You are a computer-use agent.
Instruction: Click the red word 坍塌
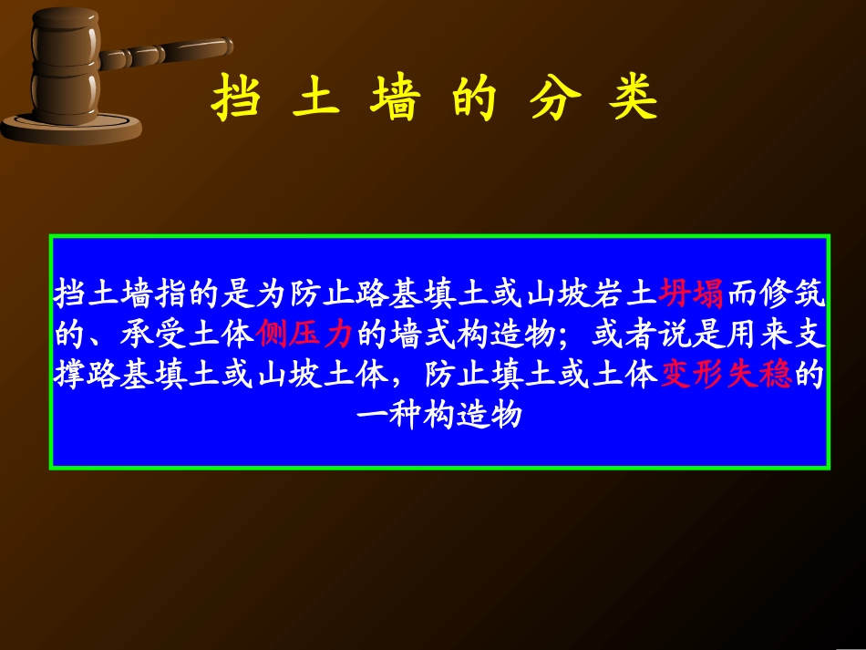(x=691, y=294)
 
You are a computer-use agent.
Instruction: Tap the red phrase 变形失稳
(x=726, y=375)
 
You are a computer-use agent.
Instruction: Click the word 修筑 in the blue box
(x=792, y=294)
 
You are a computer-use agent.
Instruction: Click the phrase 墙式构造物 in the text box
(x=472, y=335)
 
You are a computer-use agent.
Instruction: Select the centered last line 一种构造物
(x=439, y=415)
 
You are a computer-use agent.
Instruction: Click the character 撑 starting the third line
(x=69, y=375)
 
